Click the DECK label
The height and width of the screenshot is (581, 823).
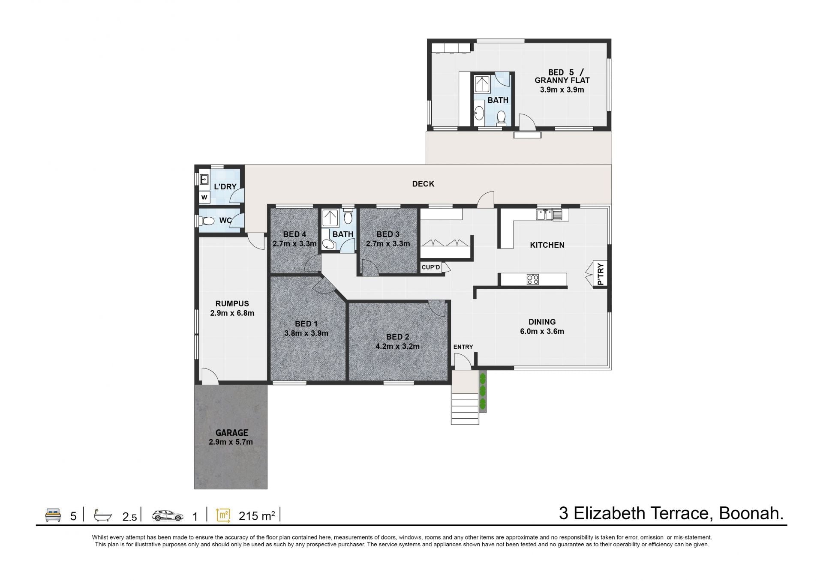423,184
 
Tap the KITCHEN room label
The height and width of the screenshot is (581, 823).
547,245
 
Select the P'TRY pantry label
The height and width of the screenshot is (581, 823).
601,274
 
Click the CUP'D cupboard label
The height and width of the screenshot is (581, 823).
431,267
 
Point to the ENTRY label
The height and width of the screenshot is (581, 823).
463,347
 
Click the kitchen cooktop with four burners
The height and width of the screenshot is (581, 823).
533,280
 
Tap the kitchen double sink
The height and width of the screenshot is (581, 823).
549,215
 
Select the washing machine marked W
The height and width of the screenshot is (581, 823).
204,198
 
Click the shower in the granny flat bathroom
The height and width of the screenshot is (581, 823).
483,84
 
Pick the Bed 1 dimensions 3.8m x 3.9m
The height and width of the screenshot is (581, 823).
306,333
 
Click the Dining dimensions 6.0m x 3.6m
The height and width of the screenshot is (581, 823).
542,331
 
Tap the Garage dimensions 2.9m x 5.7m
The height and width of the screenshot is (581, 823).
231,442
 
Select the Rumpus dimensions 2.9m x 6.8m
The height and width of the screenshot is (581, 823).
232,313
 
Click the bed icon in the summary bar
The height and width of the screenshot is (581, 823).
53,515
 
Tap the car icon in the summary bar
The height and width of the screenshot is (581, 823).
168,515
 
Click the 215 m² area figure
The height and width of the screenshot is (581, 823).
257,516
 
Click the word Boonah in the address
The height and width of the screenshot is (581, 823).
751,513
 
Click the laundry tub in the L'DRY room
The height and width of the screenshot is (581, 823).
204,179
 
